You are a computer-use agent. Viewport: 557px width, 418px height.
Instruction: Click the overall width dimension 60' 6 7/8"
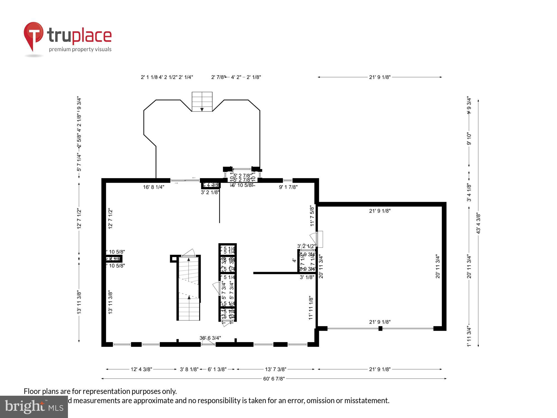click(x=274, y=379)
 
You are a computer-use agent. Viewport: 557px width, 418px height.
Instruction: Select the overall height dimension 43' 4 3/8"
click(x=478, y=223)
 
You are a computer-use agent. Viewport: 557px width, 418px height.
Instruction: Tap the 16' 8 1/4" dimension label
click(x=153, y=187)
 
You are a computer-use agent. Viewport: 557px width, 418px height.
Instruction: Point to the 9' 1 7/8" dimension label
click(x=288, y=187)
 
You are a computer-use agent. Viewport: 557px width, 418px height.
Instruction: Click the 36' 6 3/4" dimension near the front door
click(x=210, y=338)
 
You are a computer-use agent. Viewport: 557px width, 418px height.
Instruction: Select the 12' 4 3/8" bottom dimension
click(x=141, y=370)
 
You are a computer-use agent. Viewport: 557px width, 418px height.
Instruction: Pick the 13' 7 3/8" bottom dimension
click(x=275, y=370)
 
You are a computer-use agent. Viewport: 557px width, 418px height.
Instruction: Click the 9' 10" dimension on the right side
click(x=469, y=139)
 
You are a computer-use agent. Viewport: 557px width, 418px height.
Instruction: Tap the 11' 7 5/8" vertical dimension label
click(x=312, y=216)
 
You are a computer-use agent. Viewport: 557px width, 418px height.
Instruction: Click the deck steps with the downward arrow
click(x=202, y=102)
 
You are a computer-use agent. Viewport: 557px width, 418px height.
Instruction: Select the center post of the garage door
click(x=380, y=329)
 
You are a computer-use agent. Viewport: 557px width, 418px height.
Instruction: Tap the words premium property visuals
click(x=80, y=50)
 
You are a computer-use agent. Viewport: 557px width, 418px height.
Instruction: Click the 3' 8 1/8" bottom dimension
click(x=189, y=370)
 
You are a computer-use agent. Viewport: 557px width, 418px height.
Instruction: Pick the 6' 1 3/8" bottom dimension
click(x=217, y=370)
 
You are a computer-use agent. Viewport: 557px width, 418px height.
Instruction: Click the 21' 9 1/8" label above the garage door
click(x=380, y=322)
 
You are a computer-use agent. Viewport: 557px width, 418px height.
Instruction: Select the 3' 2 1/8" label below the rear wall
click(x=210, y=192)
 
